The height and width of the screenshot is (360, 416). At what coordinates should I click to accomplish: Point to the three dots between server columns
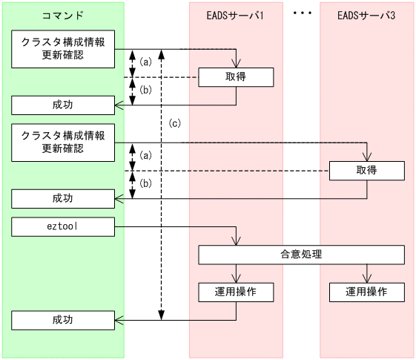click(301, 13)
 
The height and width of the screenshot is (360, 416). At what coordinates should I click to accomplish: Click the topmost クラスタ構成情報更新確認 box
click(63, 49)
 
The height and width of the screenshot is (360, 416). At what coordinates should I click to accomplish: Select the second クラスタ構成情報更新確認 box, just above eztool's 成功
click(63, 143)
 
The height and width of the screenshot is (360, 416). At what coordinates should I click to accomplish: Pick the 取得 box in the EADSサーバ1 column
click(236, 76)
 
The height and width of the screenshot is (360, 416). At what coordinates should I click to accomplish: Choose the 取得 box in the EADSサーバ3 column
click(367, 170)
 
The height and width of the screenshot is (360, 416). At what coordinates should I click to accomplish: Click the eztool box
click(63, 226)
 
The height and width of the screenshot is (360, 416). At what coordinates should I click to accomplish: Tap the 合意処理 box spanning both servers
click(301, 255)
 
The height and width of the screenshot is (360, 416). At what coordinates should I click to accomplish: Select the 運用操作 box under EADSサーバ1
click(236, 292)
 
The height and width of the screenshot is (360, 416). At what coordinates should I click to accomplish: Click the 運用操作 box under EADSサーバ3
click(367, 292)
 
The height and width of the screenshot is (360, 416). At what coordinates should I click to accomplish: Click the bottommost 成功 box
click(63, 320)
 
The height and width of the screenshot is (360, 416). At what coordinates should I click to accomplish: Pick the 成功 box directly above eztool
click(63, 198)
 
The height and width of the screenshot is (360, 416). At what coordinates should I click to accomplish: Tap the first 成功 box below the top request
click(63, 105)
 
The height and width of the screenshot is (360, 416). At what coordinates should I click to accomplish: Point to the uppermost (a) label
click(146, 62)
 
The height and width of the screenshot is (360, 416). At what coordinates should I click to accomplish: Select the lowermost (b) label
click(146, 183)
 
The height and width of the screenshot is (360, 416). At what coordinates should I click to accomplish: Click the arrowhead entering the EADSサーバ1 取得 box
click(236, 64)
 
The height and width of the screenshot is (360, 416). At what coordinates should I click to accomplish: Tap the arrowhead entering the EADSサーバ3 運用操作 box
click(367, 278)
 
